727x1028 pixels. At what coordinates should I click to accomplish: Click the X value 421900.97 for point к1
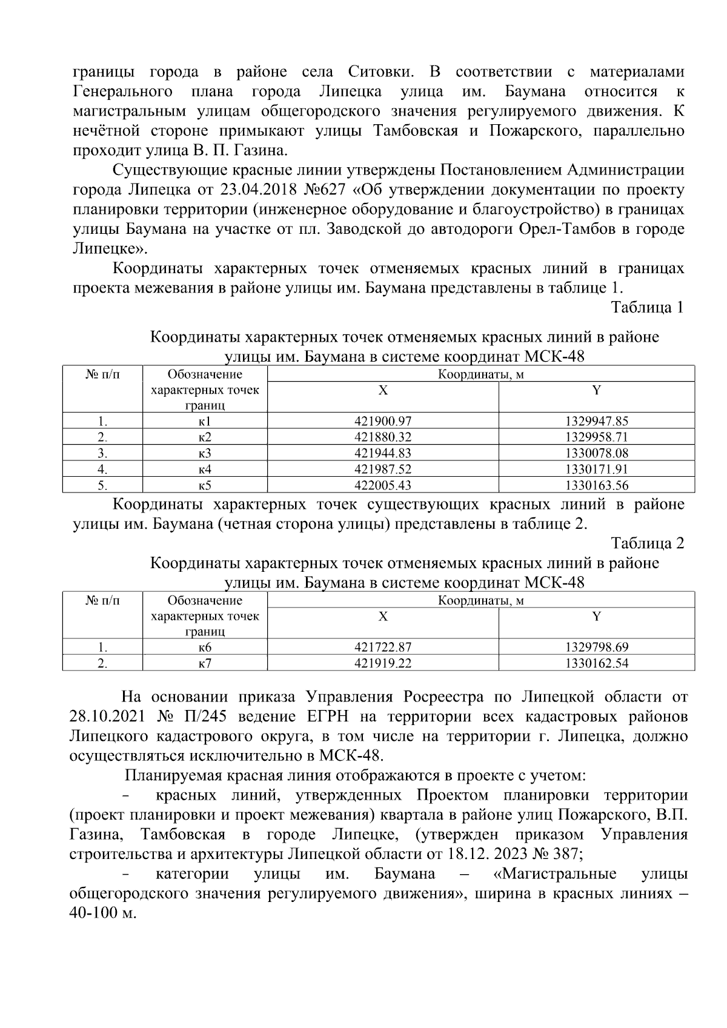pyautogui.click(x=383, y=422)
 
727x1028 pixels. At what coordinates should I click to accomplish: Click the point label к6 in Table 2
pyautogui.click(x=205, y=648)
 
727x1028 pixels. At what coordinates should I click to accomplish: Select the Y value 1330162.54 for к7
pyautogui.click(x=597, y=663)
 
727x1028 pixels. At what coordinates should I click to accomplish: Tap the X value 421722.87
pyautogui.click(x=383, y=648)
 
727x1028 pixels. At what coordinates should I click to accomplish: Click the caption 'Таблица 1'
pyautogui.click(x=647, y=308)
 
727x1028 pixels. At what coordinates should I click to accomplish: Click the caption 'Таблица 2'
pyautogui.click(x=647, y=543)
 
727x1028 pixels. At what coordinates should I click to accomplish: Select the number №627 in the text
pyautogui.click(x=327, y=190)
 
